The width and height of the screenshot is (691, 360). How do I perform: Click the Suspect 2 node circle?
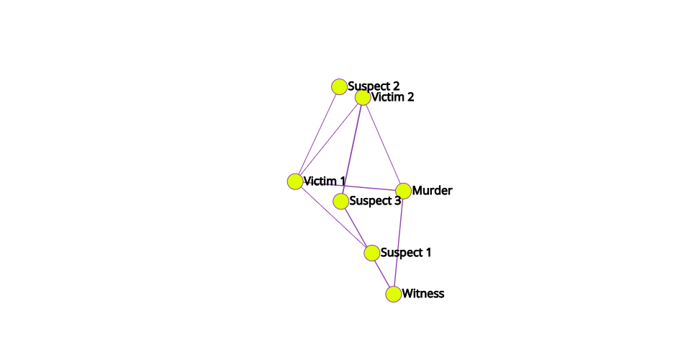coord(339,87)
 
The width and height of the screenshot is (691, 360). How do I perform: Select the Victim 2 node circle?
coord(363,97)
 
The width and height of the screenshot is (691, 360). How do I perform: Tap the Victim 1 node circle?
coord(295,181)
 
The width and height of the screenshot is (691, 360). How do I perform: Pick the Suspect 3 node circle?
coord(340,202)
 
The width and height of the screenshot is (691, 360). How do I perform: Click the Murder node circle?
coord(403,191)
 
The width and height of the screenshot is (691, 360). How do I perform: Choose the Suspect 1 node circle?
coord(372,253)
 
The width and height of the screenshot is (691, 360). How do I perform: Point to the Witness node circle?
coord(394,294)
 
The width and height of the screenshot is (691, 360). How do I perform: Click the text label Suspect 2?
coord(374,86)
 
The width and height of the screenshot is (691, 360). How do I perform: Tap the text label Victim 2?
coord(393,97)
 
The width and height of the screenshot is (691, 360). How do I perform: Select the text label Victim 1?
coord(325,181)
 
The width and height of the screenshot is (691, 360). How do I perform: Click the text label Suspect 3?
coord(375,201)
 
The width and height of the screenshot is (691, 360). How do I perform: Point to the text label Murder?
coord(433,190)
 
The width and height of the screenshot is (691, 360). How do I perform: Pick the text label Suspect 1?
coord(406,253)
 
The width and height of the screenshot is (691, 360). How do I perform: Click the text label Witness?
coord(423,294)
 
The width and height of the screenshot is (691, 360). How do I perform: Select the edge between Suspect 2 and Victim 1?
coord(317,134)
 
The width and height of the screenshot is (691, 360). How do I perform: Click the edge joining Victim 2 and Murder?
coord(383,144)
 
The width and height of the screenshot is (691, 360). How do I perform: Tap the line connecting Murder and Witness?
coord(398,243)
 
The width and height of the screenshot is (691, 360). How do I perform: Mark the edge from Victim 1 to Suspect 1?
coord(333,217)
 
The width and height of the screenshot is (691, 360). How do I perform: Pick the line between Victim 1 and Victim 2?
coord(329,139)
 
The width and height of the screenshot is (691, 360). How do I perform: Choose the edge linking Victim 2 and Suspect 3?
coord(352,149)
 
